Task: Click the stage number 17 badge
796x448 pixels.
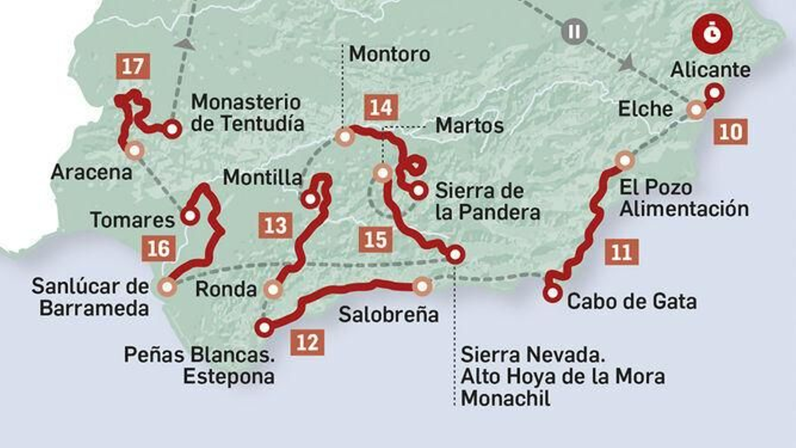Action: point(133,66)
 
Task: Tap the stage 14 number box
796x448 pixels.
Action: point(381,108)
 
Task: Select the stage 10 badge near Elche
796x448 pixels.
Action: point(730,132)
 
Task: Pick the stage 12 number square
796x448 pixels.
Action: point(307,342)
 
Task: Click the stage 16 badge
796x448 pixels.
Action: point(159,248)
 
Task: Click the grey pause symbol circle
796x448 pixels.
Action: point(574,31)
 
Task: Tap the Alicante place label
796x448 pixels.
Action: point(710,70)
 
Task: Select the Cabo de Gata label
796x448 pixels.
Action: point(632,301)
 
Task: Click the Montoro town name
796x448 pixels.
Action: point(390,54)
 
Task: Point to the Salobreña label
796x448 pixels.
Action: point(389,315)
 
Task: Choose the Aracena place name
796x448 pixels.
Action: point(92,172)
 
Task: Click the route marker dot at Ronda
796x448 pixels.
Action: point(273,289)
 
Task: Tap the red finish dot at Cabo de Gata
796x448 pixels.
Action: point(552,294)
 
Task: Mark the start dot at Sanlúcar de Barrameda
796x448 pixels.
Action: point(167,287)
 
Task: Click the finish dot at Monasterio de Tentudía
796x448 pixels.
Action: point(172,129)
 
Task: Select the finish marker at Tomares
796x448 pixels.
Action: point(190,216)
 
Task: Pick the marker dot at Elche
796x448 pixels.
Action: point(696,110)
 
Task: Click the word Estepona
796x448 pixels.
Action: point(229,376)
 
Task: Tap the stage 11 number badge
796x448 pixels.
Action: point(622,252)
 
